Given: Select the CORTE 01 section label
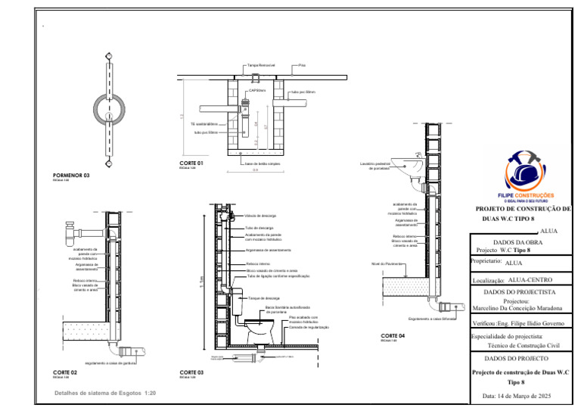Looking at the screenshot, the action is [191, 163].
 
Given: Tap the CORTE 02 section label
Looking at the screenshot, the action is [65, 373].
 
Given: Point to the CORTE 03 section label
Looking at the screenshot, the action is [191, 372].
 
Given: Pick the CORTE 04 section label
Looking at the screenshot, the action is [393, 335].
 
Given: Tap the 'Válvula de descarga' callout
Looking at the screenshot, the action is [259, 215].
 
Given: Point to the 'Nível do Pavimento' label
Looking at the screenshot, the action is [385, 264].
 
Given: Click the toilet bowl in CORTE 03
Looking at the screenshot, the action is [258, 330].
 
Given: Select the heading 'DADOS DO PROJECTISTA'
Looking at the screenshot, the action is [519, 291].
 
